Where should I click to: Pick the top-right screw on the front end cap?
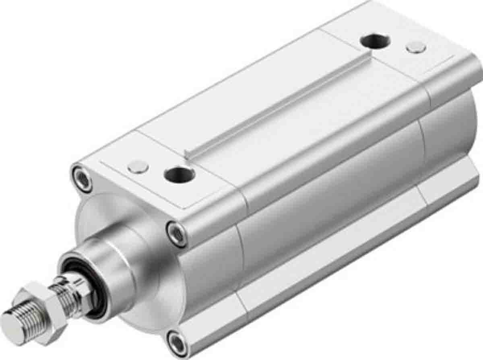click(x=177, y=233)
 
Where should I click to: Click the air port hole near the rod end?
click(x=180, y=174)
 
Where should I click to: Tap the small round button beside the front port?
click(x=138, y=166)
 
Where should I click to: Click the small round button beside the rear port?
click(x=416, y=47)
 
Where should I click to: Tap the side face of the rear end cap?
click(x=451, y=121)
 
